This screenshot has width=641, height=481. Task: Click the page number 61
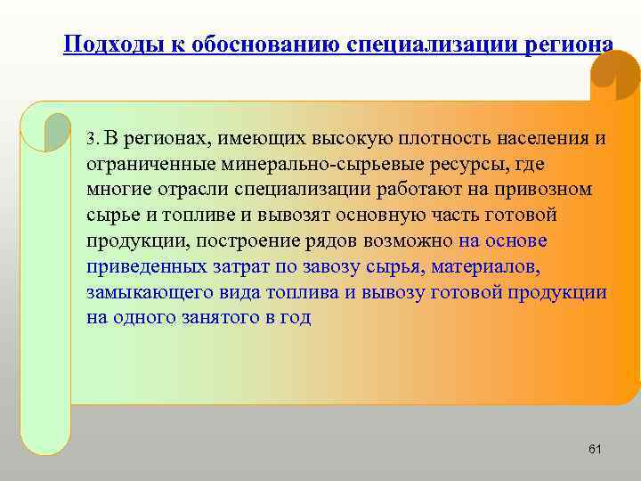595,450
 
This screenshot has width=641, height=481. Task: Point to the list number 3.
92,139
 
